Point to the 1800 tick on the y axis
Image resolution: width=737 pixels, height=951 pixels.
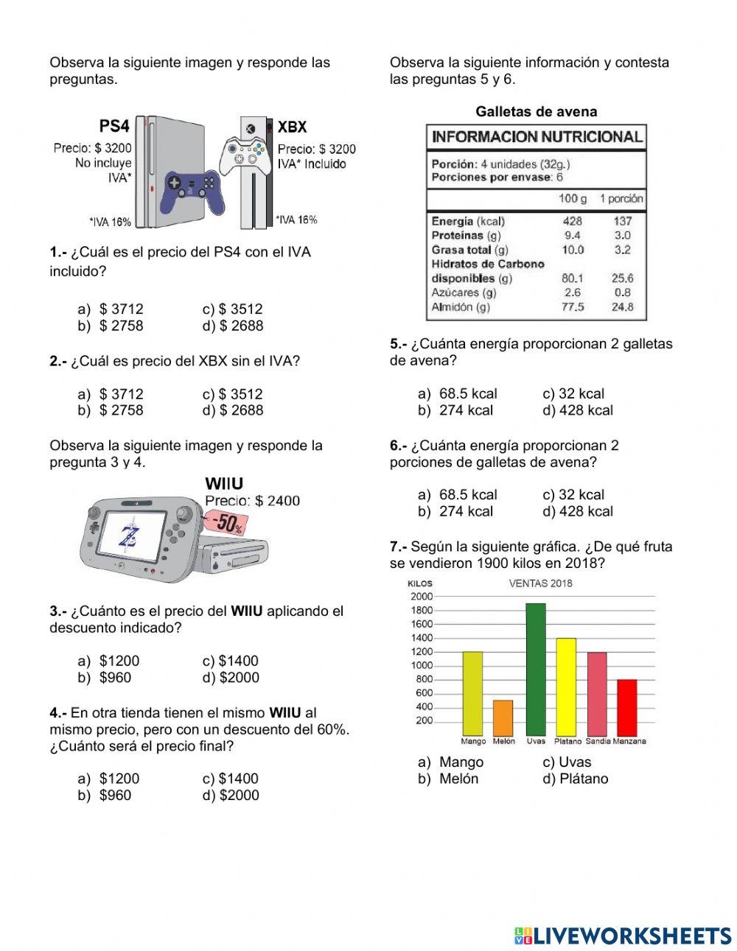click(x=422, y=610)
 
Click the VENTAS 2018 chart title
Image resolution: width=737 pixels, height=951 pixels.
click(x=540, y=583)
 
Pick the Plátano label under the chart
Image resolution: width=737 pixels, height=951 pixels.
click(x=567, y=741)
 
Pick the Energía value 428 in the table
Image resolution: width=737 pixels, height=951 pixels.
click(x=572, y=221)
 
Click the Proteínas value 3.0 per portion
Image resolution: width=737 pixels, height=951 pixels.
click(x=622, y=236)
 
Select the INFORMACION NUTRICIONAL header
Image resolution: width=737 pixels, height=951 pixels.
click(x=537, y=137)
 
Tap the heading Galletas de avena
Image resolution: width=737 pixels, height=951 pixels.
click(x=536, y=112)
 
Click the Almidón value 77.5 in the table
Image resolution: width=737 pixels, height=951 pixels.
click(x=573, y=307)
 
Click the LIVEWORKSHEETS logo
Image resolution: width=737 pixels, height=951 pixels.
click(x=623, y=936)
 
